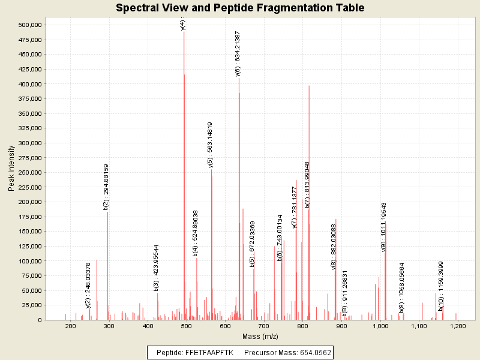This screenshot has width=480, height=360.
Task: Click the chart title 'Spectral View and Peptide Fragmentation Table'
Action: tap(240, 8)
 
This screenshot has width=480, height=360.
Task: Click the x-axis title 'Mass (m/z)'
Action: tap(260, 337)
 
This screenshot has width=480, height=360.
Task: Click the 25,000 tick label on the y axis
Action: tap(31, 305)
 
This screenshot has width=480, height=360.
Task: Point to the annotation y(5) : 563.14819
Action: tap(210, 145)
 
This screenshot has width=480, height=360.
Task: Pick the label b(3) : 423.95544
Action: tap(157, 268)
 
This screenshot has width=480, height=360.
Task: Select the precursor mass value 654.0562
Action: tap(311, 352)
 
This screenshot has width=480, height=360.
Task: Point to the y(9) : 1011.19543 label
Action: tap(384, 227)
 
